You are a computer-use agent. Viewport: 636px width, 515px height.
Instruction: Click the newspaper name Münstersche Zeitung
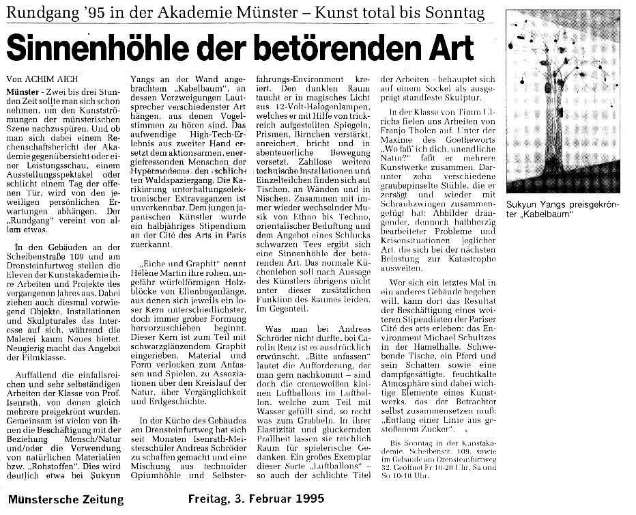(x=66, y=499)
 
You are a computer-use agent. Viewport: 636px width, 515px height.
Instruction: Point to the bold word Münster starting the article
(x=27, y=89)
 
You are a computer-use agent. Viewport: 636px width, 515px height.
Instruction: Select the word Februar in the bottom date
(x=265, y=499)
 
